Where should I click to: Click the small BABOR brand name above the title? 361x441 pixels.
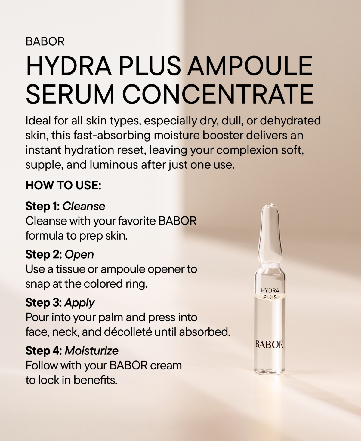tap(45, 41)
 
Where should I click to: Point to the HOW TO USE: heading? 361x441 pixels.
tap(63, 185)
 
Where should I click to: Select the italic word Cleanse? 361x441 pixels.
tap(84, 206)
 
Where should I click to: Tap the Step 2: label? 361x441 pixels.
tap(44, 254)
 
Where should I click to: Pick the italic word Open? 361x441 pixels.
tap(79, 254)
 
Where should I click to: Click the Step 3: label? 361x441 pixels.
tap(44, 302)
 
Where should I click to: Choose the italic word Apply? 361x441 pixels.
tap(80, 303)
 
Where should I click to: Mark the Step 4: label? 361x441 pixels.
tap(44, 351)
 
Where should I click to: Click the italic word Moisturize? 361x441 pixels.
tap(92, 351)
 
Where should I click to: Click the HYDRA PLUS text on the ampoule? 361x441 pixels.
tap(270, 294)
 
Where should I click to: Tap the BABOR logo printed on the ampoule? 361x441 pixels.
tap(269, 344)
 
